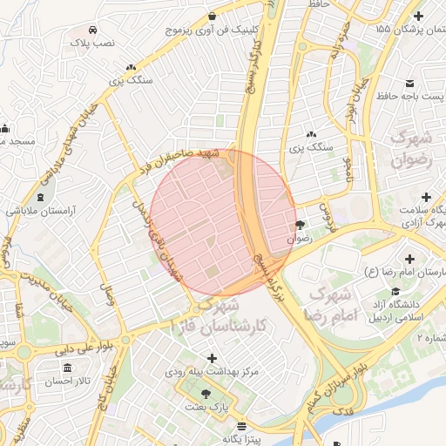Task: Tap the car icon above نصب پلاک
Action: pos(92,28)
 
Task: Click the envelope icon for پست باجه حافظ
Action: pos(409,84)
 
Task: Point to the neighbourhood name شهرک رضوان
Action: pos(411,149)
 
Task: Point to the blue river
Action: pos(366,427)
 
